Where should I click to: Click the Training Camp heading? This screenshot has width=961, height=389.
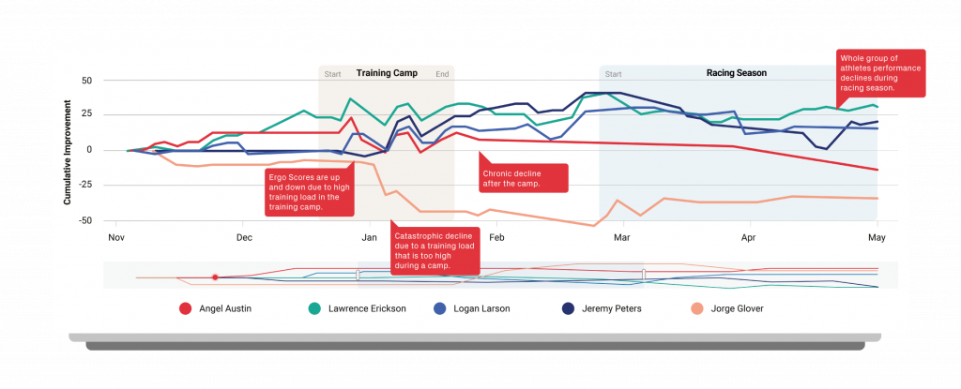click(x=387, y=73)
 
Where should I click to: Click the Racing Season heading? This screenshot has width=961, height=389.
click(x=736, y=73)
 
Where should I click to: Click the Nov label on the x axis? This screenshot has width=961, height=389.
click(x=116, y=238)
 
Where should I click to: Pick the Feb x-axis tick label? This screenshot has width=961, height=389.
click(x=496, y=238)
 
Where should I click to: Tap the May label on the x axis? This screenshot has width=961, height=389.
click(x=877, y=238)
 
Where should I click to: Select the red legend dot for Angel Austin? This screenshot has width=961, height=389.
click(x=186, y=308)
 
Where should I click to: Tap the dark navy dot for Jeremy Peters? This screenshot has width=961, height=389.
click(x=567, y=308)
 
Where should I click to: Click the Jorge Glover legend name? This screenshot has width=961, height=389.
click(x=730, y=308)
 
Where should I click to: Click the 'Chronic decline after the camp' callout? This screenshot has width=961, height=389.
click(x=523, y=178)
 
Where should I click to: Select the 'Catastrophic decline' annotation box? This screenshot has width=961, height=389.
click(x=435, y=250)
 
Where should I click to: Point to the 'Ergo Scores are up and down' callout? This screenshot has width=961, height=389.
click(x=308, y=192)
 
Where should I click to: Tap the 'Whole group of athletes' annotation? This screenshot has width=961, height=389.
click(x=880, y=73)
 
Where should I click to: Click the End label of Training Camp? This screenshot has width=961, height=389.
click(x=442, y=74)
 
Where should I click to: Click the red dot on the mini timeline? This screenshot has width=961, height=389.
click(x=215, y=277)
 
